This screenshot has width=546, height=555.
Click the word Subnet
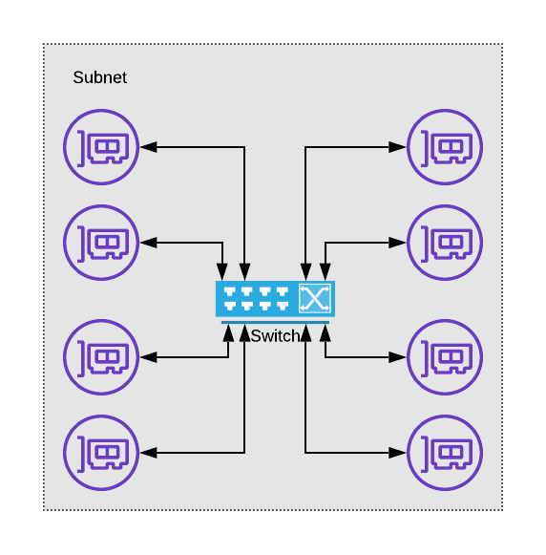99,77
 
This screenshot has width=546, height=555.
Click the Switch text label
275,336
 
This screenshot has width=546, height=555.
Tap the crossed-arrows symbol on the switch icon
314,299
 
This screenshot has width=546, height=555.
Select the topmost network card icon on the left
101,147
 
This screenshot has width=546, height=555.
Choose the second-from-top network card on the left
101,243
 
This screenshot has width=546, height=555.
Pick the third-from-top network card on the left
101,357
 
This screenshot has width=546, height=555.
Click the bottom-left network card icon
101,452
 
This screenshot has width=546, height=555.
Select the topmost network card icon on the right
445,147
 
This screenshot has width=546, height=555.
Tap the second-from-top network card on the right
445,243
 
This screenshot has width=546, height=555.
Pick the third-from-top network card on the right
445,357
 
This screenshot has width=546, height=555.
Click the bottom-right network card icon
445,452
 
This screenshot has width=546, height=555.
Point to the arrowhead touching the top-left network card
148,147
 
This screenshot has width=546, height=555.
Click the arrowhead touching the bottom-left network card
148,452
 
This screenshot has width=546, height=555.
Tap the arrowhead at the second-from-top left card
148,243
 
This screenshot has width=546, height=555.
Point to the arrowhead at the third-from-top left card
148,357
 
